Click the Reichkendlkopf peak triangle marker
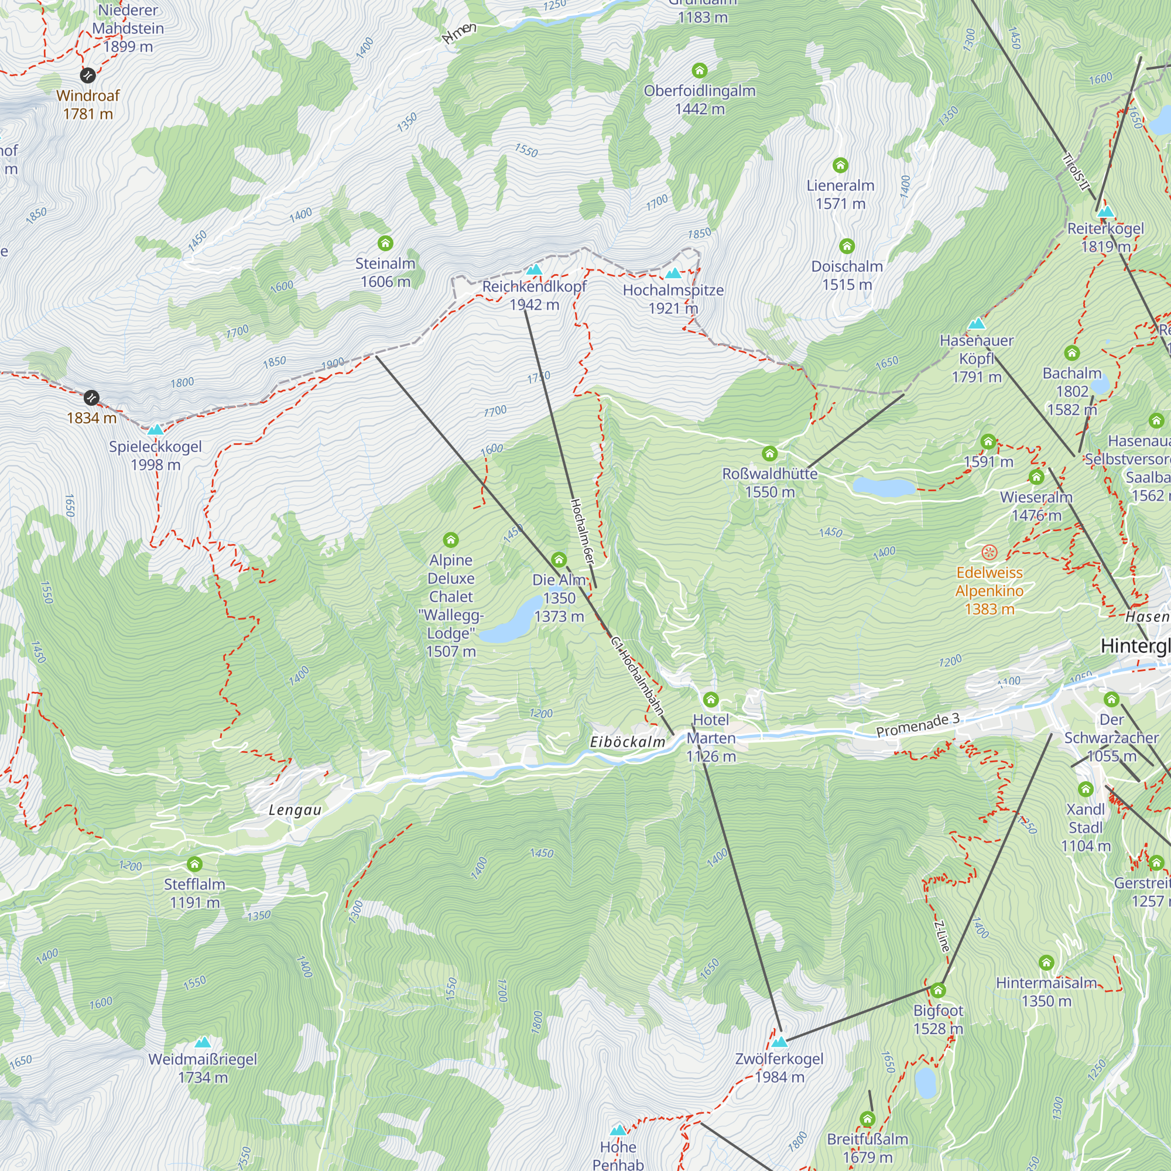coord(534,269)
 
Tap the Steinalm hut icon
coord(385,244)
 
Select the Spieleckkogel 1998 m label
coord(155,455)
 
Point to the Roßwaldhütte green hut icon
coord(770,453)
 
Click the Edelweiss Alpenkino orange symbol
coord(989,552)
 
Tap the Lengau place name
coord(295,810)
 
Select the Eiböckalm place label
coord(627,742)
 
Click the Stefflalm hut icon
coord(194,864)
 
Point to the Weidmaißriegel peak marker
coord(203,1043)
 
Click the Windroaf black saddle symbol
coord(88,75)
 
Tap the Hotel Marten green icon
coord(711,700)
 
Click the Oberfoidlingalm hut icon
coord(700,71)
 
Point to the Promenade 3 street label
coord(917,725)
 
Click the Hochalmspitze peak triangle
coord(673,273)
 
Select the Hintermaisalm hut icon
coord(1046,963)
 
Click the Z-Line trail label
coord(942,936)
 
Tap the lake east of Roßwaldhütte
coord(884,487)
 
